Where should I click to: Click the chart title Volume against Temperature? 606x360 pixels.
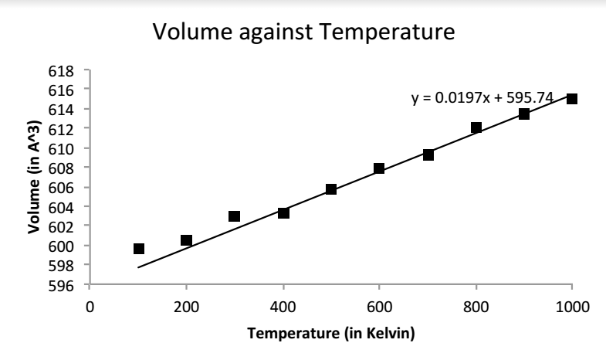point(302,34)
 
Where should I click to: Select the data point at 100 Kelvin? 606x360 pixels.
point(139,249)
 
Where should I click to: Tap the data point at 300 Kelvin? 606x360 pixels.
point(234,216)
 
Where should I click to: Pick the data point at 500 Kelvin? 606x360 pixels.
point(331,189)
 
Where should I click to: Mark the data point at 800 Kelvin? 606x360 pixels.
point(476,127)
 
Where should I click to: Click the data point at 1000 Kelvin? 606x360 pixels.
point(572,99)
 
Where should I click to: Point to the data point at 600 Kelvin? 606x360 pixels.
point(379,168)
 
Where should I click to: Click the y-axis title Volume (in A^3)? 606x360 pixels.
point(33,178)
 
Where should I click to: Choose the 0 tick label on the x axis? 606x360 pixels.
point(90,307)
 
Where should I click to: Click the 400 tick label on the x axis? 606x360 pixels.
point(283,307)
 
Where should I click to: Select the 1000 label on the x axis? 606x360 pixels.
point(572,307)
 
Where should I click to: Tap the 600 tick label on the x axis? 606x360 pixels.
point(379,307)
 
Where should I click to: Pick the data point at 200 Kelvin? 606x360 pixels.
point(186,240)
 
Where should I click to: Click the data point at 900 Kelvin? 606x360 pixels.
point(524,114)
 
